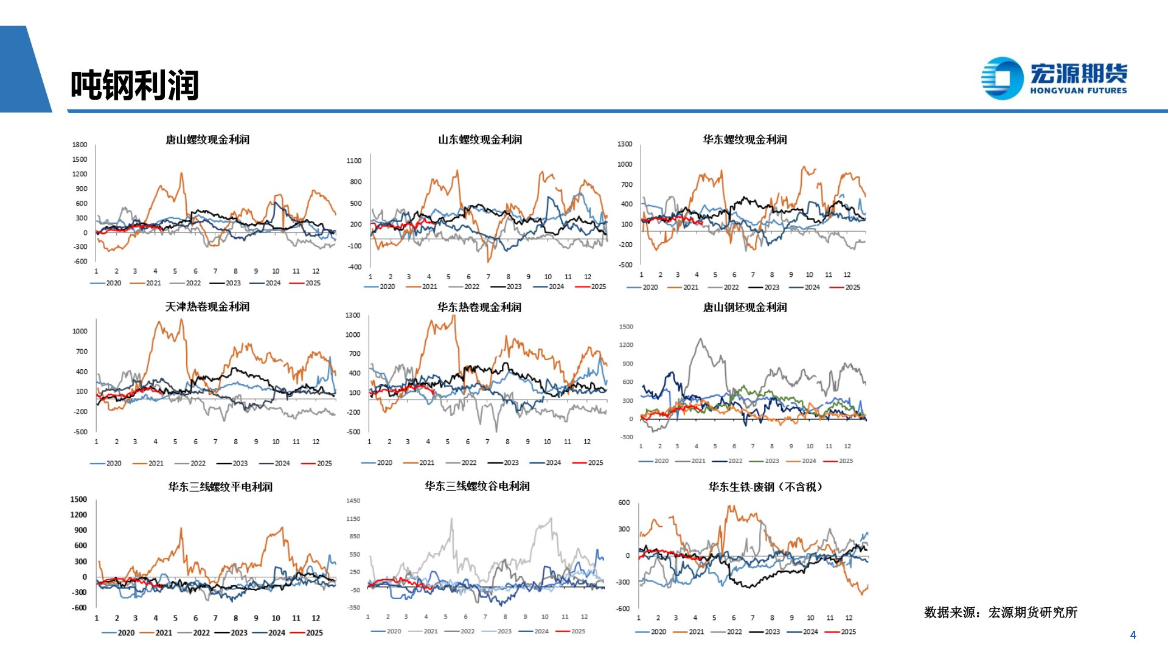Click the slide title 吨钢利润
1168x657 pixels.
134,85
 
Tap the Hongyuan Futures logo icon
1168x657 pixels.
1002,78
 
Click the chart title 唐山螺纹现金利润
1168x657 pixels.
207,140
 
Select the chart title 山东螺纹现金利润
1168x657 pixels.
480,140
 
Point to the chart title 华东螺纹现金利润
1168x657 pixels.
745,140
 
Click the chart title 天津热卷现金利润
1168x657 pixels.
207,307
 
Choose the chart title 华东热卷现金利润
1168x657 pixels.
479,307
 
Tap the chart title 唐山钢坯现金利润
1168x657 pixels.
745,307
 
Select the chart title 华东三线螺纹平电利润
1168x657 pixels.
220,487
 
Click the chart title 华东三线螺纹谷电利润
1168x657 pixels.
477,486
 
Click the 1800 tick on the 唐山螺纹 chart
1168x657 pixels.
80,145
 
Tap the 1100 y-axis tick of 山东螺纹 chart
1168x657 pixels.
354,161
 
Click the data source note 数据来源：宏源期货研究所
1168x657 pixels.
1000,613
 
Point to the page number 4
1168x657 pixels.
1133,634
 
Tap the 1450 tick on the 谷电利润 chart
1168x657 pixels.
353,501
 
